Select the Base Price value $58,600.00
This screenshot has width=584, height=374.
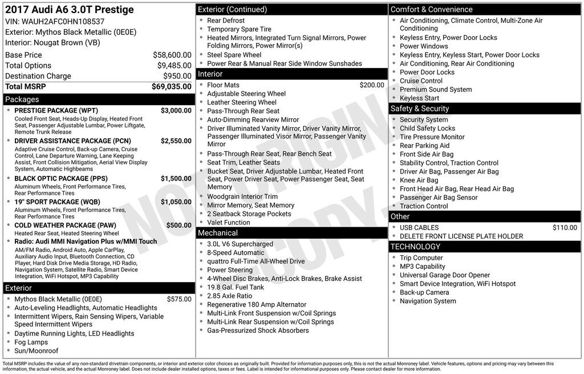172,55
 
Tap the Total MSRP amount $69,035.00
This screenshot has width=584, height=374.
171,87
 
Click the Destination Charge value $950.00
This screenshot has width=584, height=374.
177,76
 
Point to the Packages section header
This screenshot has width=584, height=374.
22,99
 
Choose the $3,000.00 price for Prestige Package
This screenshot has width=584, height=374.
176,111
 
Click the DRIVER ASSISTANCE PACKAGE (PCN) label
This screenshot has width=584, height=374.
72,141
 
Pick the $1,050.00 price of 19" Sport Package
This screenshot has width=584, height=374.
176,202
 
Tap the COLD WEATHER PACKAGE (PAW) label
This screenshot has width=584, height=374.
65,226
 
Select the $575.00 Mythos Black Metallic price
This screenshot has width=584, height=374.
179,299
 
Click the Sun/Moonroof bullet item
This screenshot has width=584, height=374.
36,351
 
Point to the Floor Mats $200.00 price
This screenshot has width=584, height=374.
372,85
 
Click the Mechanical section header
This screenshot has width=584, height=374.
217,233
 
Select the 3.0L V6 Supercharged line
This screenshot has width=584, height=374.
240,244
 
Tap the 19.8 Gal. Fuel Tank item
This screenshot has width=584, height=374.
236,287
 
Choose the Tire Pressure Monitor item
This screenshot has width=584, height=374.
432,137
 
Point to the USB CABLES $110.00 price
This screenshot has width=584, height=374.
565,228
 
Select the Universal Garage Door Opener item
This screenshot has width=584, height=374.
445,275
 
